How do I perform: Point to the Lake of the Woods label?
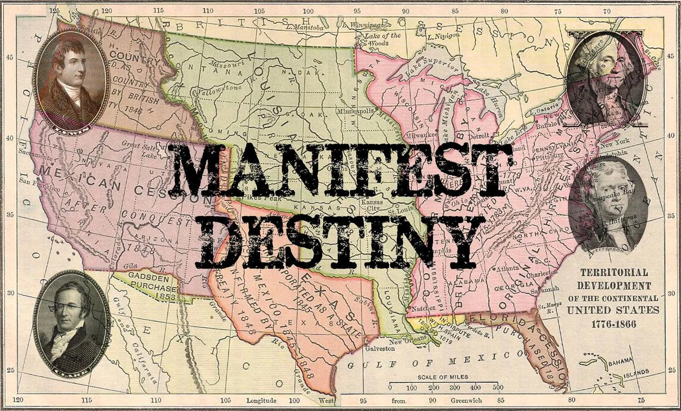[x=384, y=39]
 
